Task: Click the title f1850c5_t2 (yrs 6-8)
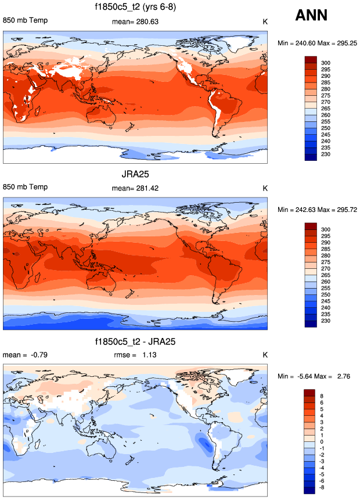pos(135,8)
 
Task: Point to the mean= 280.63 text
pos(135,22)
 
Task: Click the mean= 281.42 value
pos(135,188)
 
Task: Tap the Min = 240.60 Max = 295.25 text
pos(316,44)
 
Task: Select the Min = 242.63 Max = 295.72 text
pos(316,210)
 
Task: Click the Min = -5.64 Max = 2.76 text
pos(316,377)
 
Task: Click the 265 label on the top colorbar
pos(326,109)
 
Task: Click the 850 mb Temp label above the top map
pos(26,21)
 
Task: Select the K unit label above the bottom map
pos(265,355)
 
